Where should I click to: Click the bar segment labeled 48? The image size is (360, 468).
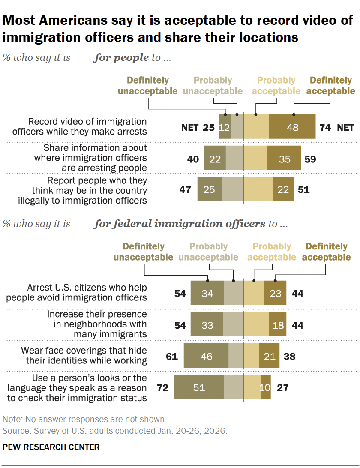point(292,127)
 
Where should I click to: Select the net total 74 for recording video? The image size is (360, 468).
point(325,127)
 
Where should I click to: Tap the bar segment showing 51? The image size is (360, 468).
point(199,387)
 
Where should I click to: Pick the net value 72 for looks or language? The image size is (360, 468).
point(163,388)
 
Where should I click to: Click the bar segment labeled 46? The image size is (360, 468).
point(206,356)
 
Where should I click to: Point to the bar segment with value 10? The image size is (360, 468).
point(266,387)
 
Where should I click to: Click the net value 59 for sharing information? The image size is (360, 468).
point(310,159)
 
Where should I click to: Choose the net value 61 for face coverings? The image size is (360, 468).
point(172,356)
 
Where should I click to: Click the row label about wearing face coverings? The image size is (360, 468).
point(84,356)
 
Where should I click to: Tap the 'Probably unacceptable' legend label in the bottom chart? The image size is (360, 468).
point(208,252)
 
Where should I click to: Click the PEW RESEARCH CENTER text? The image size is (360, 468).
point(51,447)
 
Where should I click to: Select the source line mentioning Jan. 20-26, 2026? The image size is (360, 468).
point(114,431)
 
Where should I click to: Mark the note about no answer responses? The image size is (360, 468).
point(84,419)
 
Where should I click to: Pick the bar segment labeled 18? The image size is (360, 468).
point(278,325)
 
